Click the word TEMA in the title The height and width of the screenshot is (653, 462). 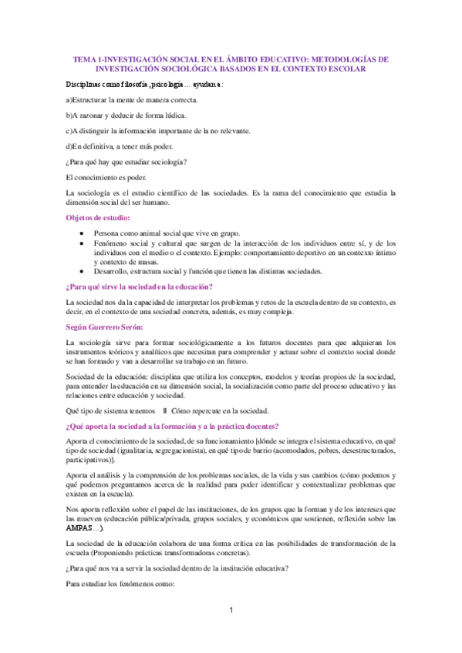click(x=84, y=58)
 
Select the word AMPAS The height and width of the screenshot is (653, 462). click(x=81, y=527)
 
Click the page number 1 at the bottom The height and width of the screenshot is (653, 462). click(x=231, y=611)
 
